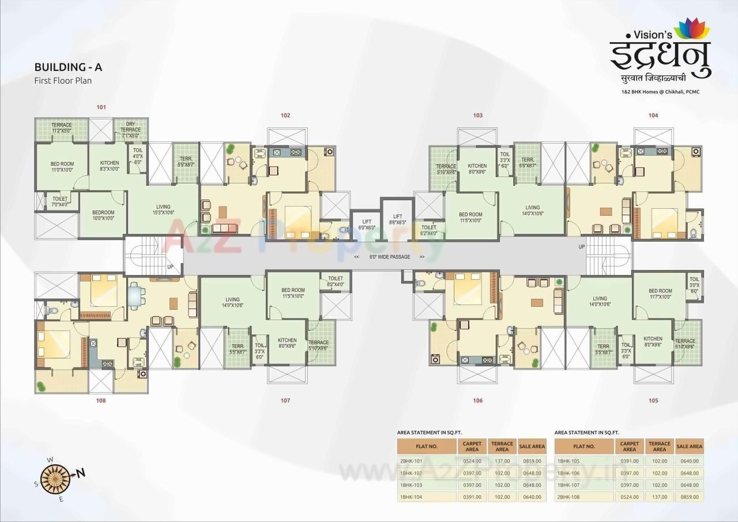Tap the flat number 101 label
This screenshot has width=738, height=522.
(101, 107)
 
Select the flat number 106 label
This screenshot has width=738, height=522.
(477, 400)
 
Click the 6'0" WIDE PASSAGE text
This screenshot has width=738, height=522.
(390, 257)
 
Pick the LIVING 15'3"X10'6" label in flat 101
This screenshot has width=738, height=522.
(163, 210)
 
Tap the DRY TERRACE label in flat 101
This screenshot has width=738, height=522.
(130, 127)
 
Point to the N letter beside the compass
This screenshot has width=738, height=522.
(81, 473)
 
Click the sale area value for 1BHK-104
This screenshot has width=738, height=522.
(531, 497)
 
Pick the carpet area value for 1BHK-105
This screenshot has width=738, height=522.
(630, 461)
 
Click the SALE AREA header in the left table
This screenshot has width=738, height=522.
(531, 446)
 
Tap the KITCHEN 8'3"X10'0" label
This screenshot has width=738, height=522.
(109, 166)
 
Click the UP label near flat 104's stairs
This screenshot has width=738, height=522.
(582, 246)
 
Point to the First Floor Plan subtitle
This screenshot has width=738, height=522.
(63, 81)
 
